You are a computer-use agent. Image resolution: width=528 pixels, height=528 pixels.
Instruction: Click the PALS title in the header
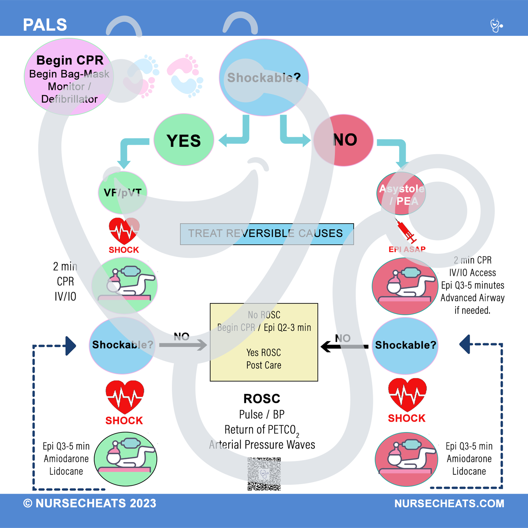point(45,25)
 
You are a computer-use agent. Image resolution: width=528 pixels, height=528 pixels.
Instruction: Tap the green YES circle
point(184,140)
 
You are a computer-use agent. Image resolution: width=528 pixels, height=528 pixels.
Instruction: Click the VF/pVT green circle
point(122,193)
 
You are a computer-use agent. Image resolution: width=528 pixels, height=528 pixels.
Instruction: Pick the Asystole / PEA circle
point(401,194)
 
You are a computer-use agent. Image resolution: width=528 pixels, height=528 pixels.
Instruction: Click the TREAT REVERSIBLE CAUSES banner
point(267,234)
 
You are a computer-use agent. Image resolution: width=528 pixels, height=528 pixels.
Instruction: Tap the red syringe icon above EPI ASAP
point(406,231)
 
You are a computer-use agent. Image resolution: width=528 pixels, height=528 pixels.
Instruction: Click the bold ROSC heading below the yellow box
point(262,398)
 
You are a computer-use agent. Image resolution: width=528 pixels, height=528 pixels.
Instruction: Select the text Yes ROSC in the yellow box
point(263,352)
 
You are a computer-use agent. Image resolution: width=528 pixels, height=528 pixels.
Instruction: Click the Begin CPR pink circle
point(69,77)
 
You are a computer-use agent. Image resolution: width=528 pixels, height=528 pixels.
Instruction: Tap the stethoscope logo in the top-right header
point(496,25)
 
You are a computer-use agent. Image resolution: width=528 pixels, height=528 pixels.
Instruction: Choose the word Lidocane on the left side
point(66,472)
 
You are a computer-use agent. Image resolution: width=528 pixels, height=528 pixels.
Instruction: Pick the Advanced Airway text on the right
point(472,298)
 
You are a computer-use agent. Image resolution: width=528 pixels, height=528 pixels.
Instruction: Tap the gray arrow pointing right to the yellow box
point(183,345)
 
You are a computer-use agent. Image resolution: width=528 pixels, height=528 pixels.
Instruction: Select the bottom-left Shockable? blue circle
point(122,345)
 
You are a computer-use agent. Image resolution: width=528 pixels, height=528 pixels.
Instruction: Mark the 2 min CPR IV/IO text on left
point(65,281)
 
